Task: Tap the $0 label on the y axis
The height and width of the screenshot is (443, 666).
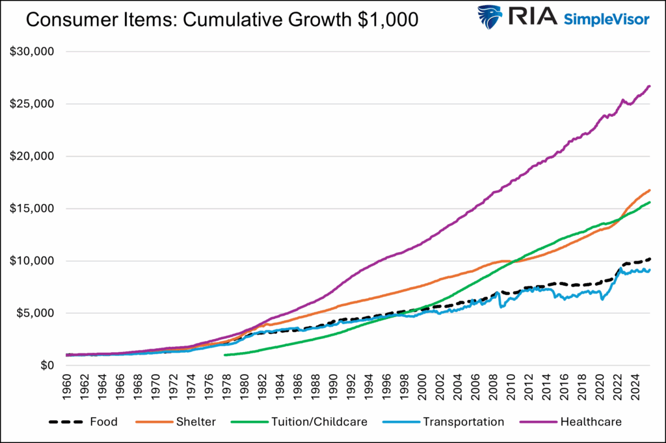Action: [44, 366]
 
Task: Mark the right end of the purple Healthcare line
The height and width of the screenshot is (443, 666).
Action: [649, 86]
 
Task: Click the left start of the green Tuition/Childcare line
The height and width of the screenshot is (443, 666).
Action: [224, 355]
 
